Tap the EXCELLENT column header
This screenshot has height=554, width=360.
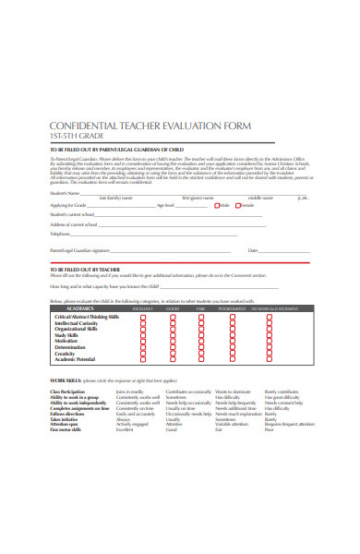143,309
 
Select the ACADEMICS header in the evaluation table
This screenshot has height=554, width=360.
69,309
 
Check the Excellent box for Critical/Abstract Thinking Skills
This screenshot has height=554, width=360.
143,317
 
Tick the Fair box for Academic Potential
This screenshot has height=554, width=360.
200,358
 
